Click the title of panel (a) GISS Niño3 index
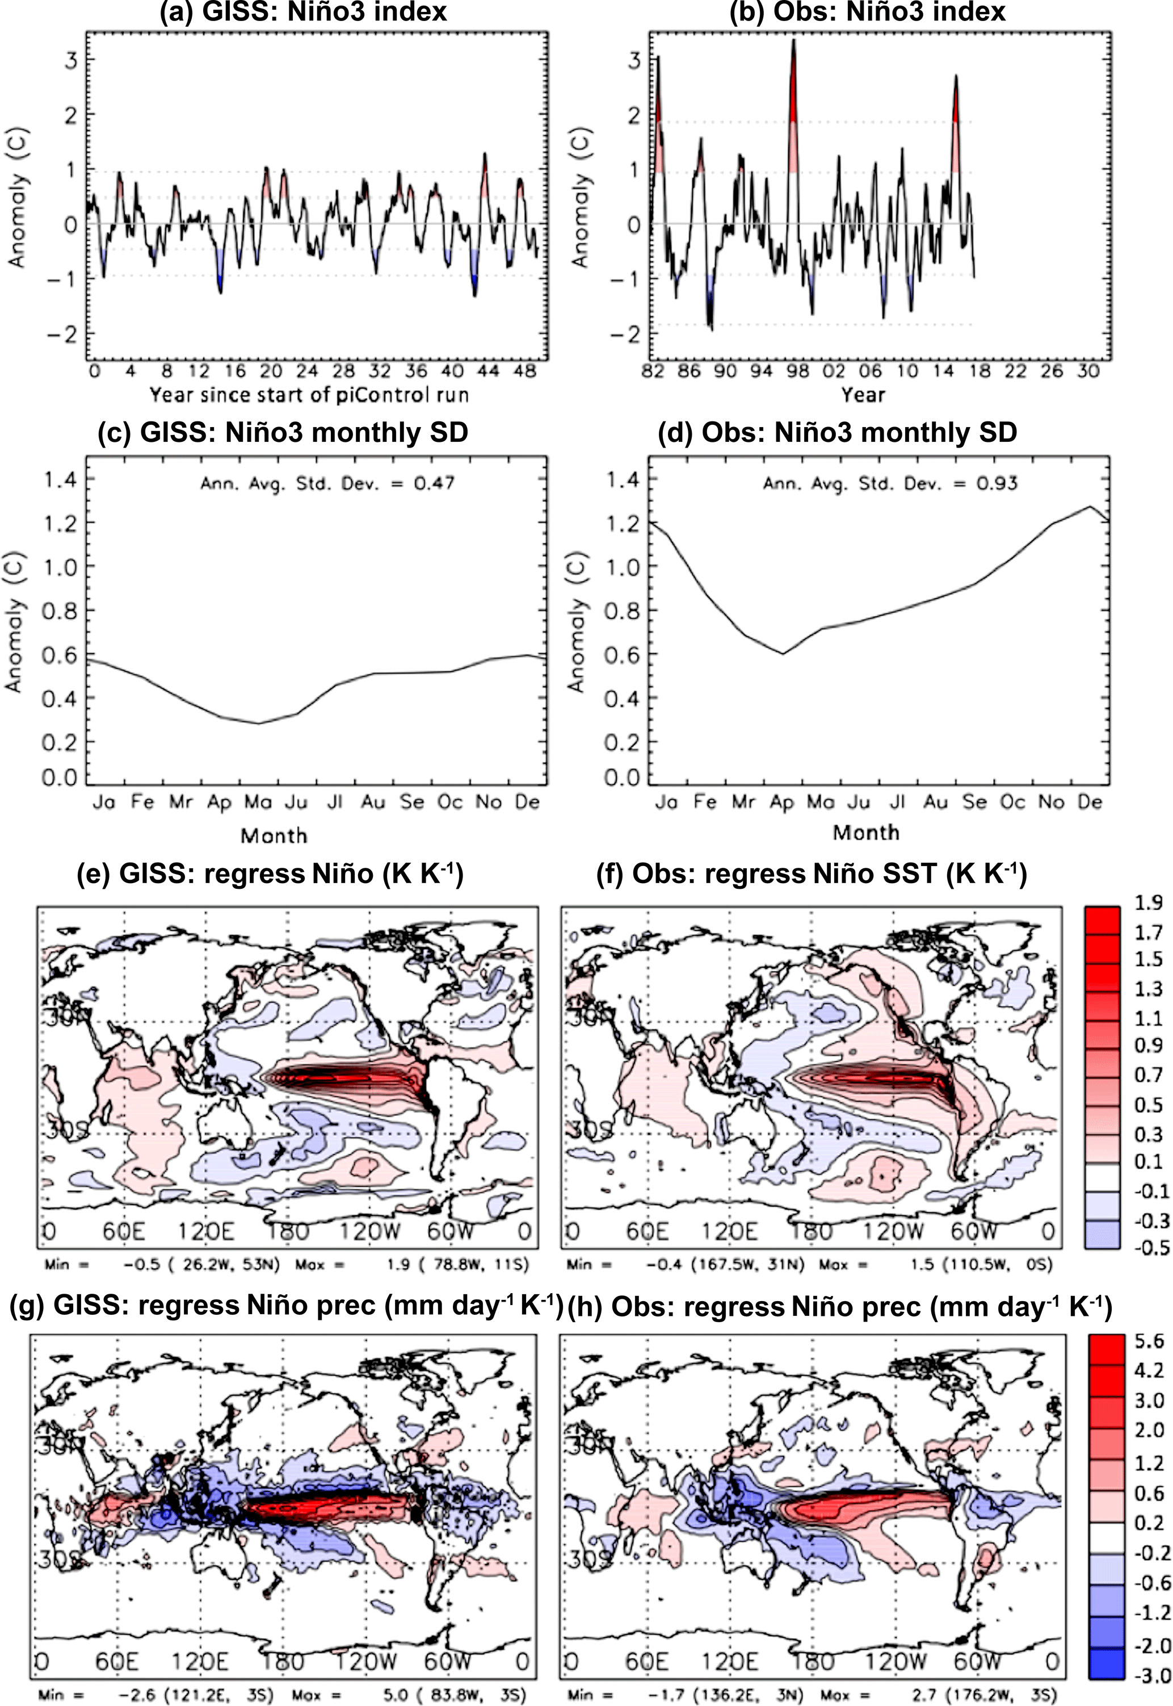[304, 12]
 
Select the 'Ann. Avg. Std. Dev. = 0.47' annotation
[328, 483]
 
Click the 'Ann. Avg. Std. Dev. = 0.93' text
[890, 483]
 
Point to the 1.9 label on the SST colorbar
[1148, 903]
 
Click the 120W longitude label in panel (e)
[366, 1231]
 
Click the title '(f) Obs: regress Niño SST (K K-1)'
[811, 873]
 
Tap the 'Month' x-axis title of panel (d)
[866, 833]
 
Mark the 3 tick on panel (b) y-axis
[633, 60]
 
